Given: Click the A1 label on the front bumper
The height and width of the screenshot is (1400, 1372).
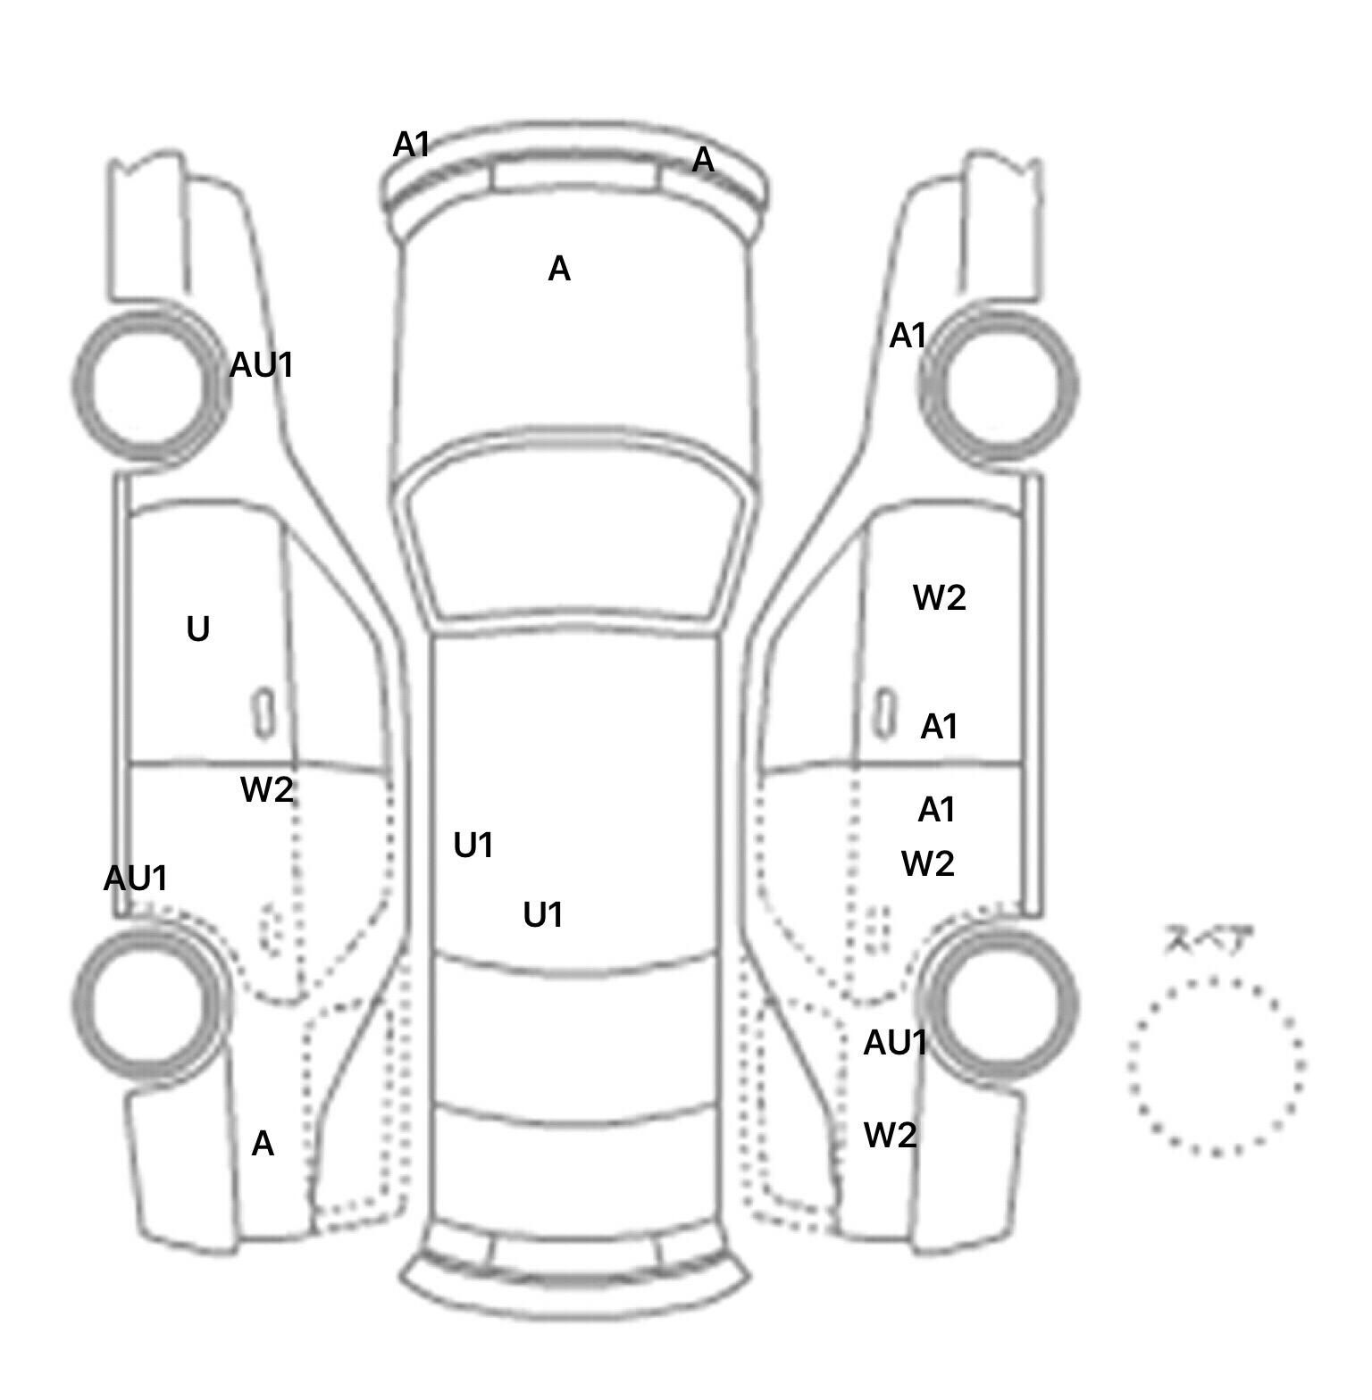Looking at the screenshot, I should tap(412, 145).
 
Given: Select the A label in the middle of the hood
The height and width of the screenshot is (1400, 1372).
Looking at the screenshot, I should tap(559, 269).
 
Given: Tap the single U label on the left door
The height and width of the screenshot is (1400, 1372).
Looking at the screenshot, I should tap(198, 629).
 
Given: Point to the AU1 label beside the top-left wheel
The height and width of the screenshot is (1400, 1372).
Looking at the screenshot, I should tap(261, 365).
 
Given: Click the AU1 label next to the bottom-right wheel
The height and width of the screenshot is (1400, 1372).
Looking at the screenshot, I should tap(895, 1043).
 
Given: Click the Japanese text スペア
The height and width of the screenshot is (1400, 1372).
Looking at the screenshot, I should tap(1209, 940).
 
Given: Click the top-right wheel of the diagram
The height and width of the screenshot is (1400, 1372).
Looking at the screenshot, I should tap(999, 387).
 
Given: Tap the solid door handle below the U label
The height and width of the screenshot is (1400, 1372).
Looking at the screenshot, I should tap(264, 712).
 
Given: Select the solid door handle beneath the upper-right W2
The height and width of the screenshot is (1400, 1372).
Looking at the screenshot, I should tap(884, 712).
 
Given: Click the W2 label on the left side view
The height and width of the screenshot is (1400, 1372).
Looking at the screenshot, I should tap(267, 790).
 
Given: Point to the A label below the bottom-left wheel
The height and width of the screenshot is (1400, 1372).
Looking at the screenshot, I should tap(263, 1144).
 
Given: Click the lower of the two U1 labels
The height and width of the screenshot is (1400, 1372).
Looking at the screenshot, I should tap(543, 915).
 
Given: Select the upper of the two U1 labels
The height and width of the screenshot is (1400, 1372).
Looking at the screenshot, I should tap(473, 846).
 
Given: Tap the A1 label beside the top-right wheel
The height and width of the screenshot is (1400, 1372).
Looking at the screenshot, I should tap(908, 337).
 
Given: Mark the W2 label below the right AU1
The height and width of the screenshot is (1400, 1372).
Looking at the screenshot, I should tap(891, 1136).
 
